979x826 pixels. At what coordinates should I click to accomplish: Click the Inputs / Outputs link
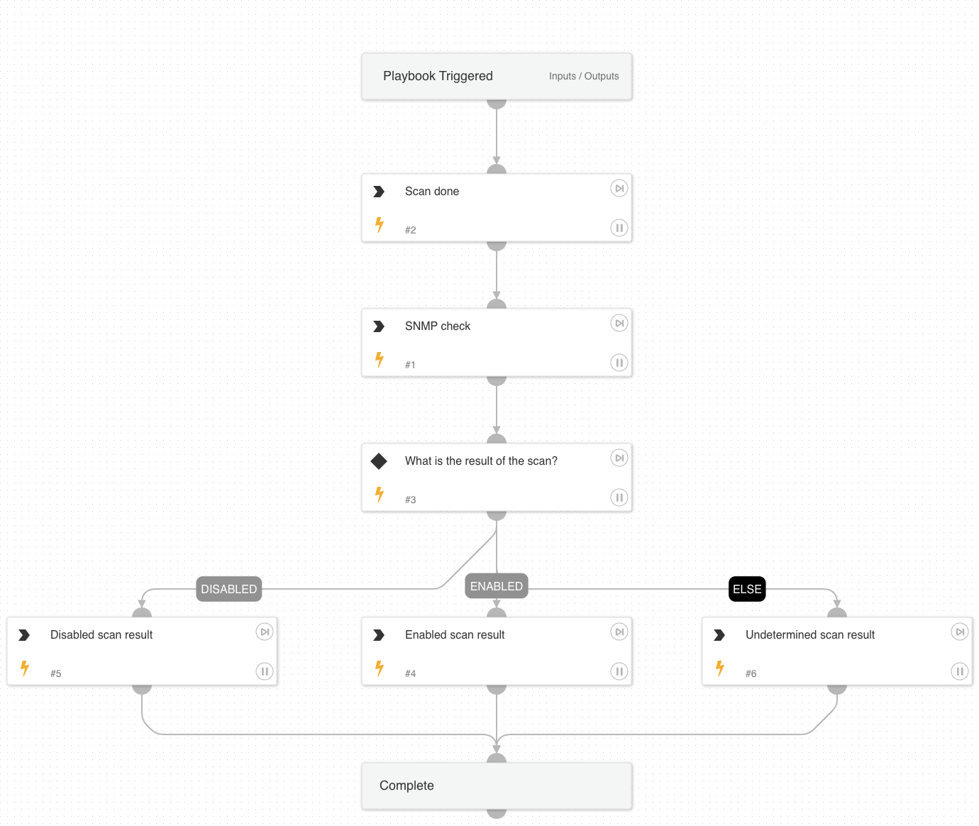(x=583, y=76)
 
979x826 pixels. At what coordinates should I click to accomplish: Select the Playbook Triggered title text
(x=438, y=76)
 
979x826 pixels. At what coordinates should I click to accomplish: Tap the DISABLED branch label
(x=228, y=589)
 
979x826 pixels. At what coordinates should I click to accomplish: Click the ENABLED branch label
(x=496, y=586)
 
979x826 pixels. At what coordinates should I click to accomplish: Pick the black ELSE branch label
(x=747, y=589)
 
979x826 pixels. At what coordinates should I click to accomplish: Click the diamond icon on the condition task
(x=379, y=461)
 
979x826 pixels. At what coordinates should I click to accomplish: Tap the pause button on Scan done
(x=619, y=228)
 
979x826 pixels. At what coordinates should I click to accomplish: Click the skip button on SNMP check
(x=619, y=324)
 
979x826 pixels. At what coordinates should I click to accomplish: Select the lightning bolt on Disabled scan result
(x=25, y=668)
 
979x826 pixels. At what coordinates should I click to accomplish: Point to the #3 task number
(x=410, y=500)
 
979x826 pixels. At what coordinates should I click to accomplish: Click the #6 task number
(x=751, y=673)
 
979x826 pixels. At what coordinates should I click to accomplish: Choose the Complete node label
(x=406, y=786)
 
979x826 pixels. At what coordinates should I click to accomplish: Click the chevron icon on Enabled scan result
(x=379, y=635)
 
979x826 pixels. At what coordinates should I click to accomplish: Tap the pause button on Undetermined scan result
(x=959, y=671)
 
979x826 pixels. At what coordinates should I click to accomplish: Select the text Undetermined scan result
(x=809, y=635)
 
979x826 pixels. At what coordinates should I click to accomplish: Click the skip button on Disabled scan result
(x=264, y=632)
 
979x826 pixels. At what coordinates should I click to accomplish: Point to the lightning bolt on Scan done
(x=380, y=224)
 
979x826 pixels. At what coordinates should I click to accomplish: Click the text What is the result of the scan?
(x=481, y=461)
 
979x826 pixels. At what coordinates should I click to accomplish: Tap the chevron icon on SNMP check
(x=379, y=326)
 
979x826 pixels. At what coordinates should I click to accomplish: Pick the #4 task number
(x=410, y=673)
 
